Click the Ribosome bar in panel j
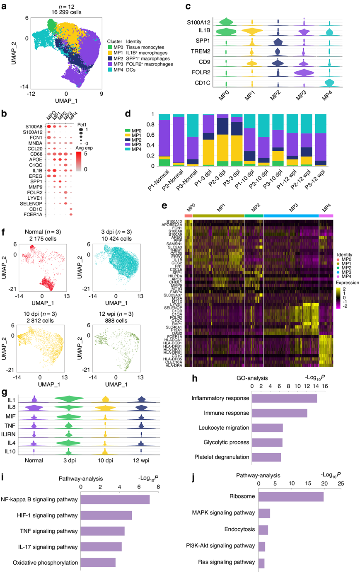tap(291, 496)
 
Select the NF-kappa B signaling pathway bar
tap(115, 499)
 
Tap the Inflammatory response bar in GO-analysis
tap(284, 398)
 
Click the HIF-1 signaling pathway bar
tap(106, 515)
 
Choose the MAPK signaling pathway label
tap(223, 513)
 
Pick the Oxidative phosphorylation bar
tap(98, 562)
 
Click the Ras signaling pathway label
tap(227, 562)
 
